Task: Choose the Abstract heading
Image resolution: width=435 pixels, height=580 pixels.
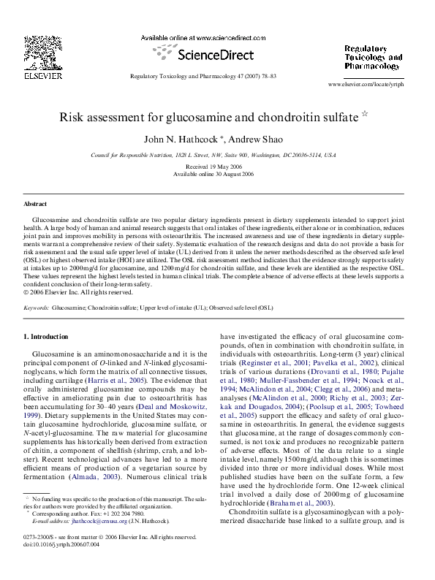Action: pos(35,204)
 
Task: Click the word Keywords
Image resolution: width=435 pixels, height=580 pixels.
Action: pos(37,308)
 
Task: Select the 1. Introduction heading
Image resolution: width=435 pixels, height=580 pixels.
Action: pos(46,337)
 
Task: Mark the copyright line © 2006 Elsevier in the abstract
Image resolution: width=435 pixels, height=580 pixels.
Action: pos(70,292)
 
